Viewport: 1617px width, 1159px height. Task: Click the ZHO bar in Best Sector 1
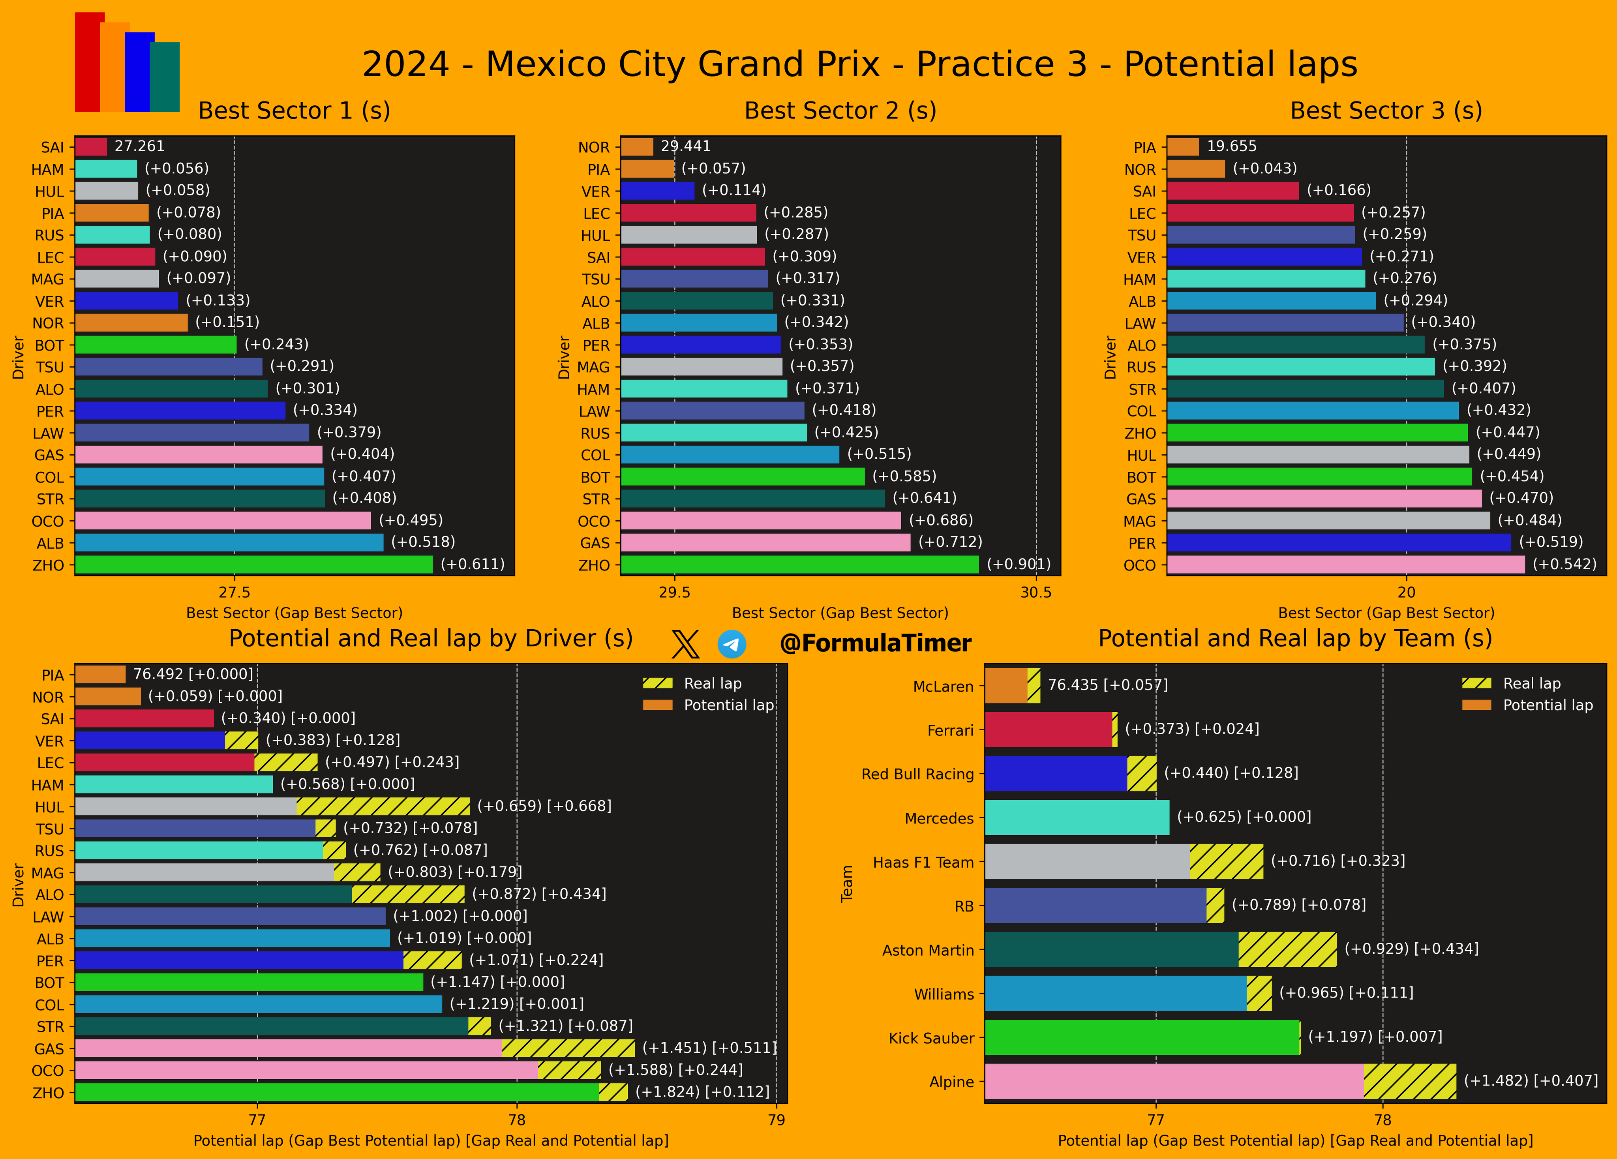pyautogui.click(x=253, y=564)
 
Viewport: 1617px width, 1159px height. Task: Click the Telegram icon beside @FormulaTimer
pyautogui.click(x=732, y=644)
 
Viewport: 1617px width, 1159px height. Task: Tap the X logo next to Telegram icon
pyautogui.click(x=685, y=644)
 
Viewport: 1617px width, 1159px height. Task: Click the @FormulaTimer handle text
pyautogui.click(x=876, y=644)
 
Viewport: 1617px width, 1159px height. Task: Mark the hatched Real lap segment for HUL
pyautogui.click(x=383, y=806)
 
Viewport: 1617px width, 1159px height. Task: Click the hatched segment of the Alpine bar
pyautogui.click(x=1409, y=1081)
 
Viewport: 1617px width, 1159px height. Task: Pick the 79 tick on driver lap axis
pyautogui.click(x=777, y=1120)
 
